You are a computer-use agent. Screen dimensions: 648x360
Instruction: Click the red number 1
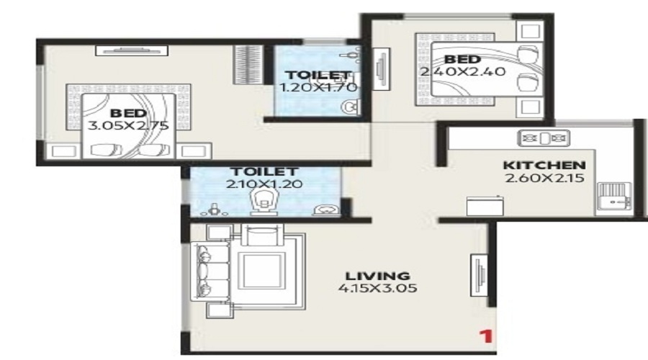487,336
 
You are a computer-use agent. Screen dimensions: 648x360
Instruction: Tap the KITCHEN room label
544,165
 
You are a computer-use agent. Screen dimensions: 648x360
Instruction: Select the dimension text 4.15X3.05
378,288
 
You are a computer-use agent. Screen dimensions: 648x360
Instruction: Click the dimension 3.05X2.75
128,125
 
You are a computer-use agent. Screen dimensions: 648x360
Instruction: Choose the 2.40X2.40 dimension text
463,71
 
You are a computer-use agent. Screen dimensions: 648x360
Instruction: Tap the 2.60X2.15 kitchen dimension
544,178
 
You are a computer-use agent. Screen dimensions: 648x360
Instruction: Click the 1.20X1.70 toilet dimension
318,88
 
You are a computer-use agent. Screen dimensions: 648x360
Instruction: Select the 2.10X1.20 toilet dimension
264,184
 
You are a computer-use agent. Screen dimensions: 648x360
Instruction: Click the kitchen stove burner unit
544,138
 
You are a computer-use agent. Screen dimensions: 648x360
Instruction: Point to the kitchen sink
614,197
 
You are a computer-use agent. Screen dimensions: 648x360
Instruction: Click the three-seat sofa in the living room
210,271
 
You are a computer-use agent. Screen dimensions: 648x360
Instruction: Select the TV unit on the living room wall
480,274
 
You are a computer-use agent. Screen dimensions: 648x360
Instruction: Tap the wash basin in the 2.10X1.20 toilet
328,210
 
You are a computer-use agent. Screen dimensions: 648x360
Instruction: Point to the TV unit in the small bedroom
382,68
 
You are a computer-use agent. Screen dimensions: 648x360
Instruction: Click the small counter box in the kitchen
485,205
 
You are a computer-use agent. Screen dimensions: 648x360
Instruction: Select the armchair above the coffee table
262,235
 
